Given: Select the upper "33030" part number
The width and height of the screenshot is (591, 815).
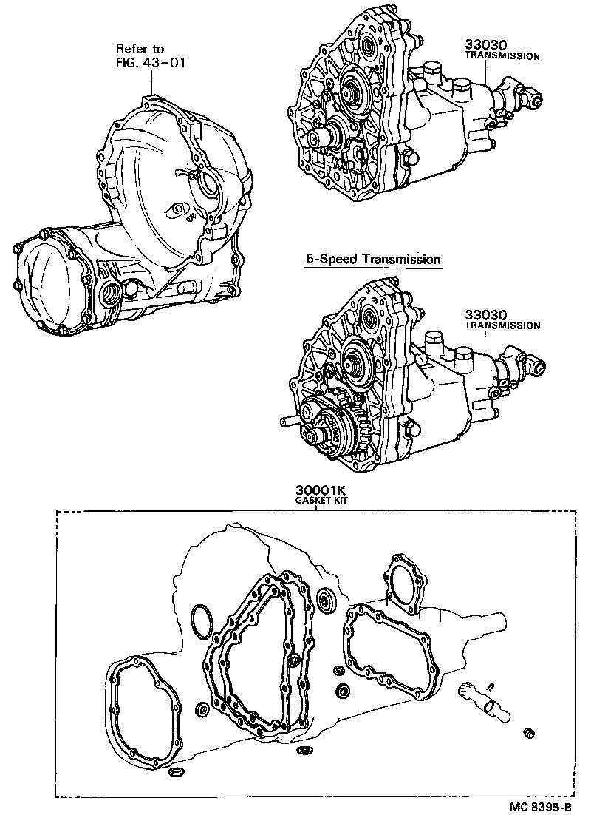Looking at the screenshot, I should point(488,44).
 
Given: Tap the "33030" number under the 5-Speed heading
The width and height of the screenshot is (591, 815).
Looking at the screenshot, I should point(488,314).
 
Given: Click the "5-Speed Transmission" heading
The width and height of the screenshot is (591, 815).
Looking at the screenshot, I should point(374,260).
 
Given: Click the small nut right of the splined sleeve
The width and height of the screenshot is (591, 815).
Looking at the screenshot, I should point(529,733).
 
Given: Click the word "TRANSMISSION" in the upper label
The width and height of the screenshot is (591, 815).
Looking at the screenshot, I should point(502,55).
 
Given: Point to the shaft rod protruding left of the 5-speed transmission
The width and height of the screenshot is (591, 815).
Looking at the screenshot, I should point(290,423).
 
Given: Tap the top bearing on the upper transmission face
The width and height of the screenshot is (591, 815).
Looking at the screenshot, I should point(369,50).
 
